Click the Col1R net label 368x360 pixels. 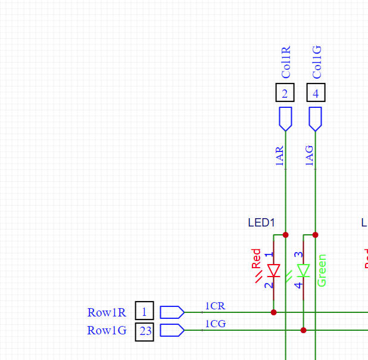[x=286, y=62]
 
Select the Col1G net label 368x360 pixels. [x=317, y=62]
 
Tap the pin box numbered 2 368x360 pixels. [x=285, y=93]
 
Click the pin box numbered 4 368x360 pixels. [x=316, y=93]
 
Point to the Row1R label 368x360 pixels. [x=107, y=312]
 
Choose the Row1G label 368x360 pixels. [x=107, y=330]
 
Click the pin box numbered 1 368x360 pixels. [x=144, y=311]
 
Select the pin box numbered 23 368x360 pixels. [x=145, y=331]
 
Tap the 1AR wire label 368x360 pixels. [x=280, y=156]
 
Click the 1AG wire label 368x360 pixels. [x=310, y=156]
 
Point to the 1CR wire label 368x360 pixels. [x=215, y=306]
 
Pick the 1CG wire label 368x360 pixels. [x=215, y=324]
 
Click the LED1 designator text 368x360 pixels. [x=261, y=223]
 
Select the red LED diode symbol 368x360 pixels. [x=274, y=271]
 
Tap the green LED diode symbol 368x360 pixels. [x=303, y=271]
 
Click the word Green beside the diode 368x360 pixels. [x=322, y=271]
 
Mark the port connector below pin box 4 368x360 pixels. [x=316, y=119]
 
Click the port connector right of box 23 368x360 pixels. [x=172, y=330]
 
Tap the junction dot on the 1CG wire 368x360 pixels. [x=303, y=330]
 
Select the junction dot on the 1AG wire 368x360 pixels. [x=316, y=235]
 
